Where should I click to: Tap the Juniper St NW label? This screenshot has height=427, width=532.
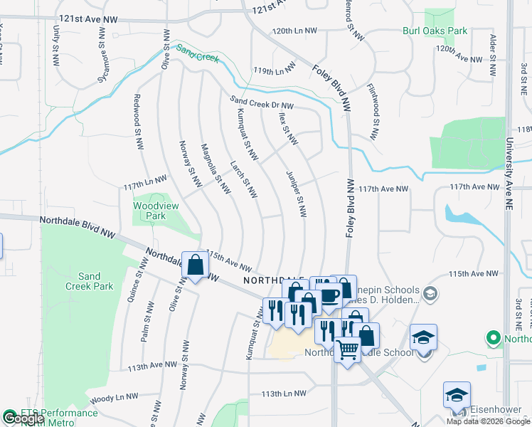point(296,193)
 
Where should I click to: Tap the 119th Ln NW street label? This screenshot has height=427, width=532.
point(275,70)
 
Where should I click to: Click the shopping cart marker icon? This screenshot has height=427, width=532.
point(347,349)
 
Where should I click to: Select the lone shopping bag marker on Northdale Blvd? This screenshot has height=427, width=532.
point(194,265)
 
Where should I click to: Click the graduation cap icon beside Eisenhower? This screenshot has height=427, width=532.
point(457,395)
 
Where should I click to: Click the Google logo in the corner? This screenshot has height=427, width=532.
point(23,418)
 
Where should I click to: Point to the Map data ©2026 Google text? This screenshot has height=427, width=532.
point(488,421)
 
